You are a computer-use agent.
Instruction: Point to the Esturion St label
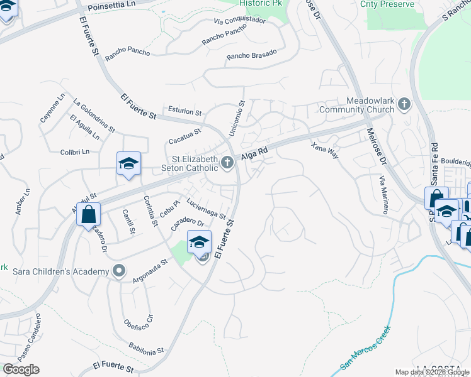(184, 112)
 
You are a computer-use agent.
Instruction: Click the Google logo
(21, 369)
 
